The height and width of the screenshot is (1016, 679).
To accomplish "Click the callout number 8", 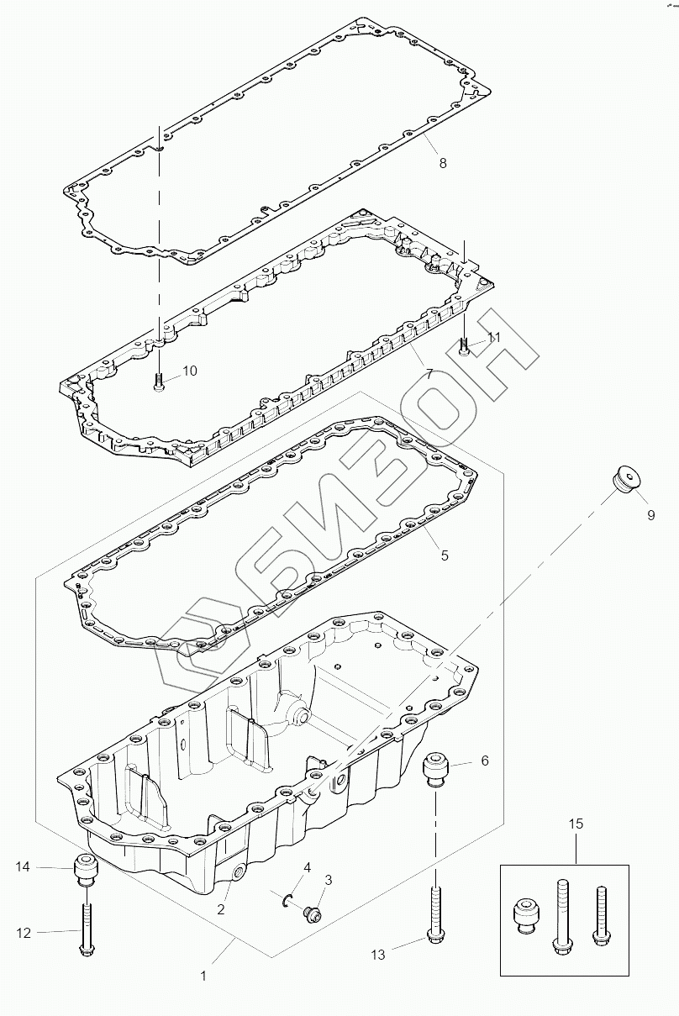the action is pyautogui.click(x=443, y=163).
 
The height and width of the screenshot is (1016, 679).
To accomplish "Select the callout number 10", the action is pyautogui.click(x=190, y=371).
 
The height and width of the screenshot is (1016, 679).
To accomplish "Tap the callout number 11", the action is pyautogui.click(x=493, y=337).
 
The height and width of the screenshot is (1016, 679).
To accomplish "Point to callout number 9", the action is pyautogui.click(x=650, y=515).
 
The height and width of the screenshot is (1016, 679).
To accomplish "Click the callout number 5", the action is pyautogui.click(x=445, y=555).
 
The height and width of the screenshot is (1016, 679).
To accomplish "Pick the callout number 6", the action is pyautogui.click(x=484, y=761).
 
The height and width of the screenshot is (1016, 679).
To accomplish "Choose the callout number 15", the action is pyautogui.click(x=576, y=824).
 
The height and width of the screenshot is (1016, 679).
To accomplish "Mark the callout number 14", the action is pyautogui.click(x=23, y=866).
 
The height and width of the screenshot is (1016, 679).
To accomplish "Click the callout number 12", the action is pyautogui.click(x=23, y=932).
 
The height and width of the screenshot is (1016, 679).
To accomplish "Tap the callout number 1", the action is pyautogui.click(x=202, y=977).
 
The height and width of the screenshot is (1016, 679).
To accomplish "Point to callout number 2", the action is pyautogui.click(x=221, y=908).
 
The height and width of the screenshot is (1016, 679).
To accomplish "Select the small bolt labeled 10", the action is pyautogui.click(x=159, y=382).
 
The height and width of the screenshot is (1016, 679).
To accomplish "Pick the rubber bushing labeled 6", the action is pyautogui.click(x=435, y=768).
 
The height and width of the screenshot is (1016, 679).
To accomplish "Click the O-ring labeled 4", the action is pyautogui.click(x=288, y=900).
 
